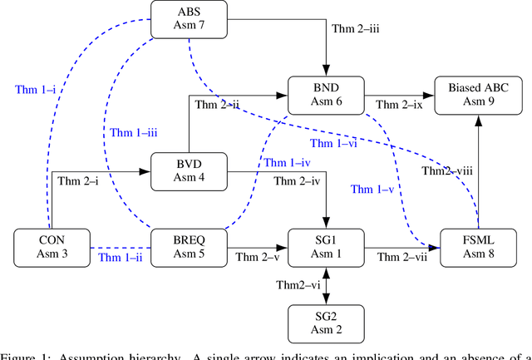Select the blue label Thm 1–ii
[121, 257]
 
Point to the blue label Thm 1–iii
[135, 131]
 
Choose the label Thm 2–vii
[404, 257]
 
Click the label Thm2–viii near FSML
[450, 171]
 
